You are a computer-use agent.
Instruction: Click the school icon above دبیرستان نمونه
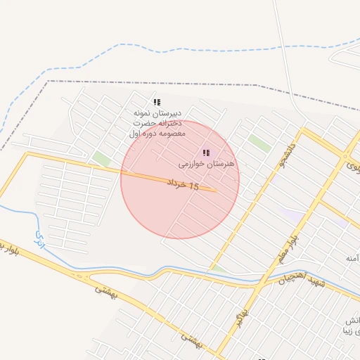(x=157, y=102)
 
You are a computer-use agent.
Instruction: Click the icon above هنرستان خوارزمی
(x=206, y=153)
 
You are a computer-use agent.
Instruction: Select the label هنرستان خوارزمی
(x=205, y=163)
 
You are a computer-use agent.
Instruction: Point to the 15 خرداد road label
(x=183, y=184)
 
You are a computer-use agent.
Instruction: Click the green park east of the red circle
(x=259, y=143)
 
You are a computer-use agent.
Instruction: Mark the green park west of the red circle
(x=102, y=159)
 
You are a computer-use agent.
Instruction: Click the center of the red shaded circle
(x=180, y=179)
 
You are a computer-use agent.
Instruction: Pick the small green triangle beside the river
(x=219, y=268)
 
